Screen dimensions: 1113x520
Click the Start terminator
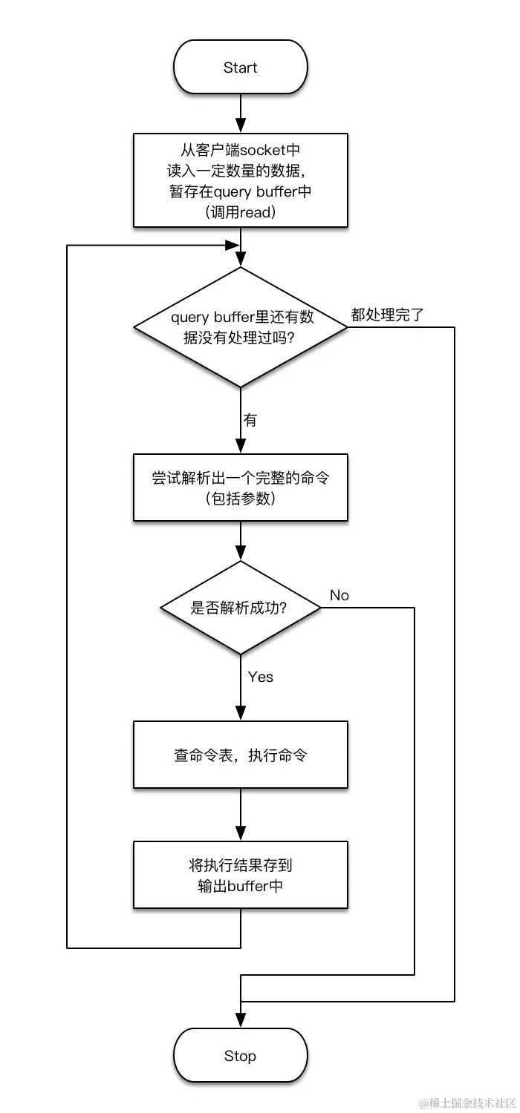click(240, 68)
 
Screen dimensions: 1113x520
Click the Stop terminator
click(240, 1056)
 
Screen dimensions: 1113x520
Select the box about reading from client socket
click(240, 180)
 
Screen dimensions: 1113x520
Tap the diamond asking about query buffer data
click(240, 326)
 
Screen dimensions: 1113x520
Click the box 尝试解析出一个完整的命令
click(240, 487)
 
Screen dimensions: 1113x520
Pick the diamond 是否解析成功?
click(240, 608)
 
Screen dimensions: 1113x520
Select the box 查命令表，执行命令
click(240, 755)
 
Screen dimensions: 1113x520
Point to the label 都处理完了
click(387, 315)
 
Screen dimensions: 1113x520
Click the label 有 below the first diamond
click(250, 421)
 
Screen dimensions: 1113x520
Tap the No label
click(339, 595)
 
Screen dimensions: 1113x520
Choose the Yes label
click(261, 677)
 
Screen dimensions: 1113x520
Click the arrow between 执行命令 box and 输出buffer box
click(240, 814)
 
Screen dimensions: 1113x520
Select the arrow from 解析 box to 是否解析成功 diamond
click(240, 540)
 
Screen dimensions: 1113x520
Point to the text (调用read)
click(240, 212)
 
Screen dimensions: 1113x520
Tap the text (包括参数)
click(240, 499)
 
